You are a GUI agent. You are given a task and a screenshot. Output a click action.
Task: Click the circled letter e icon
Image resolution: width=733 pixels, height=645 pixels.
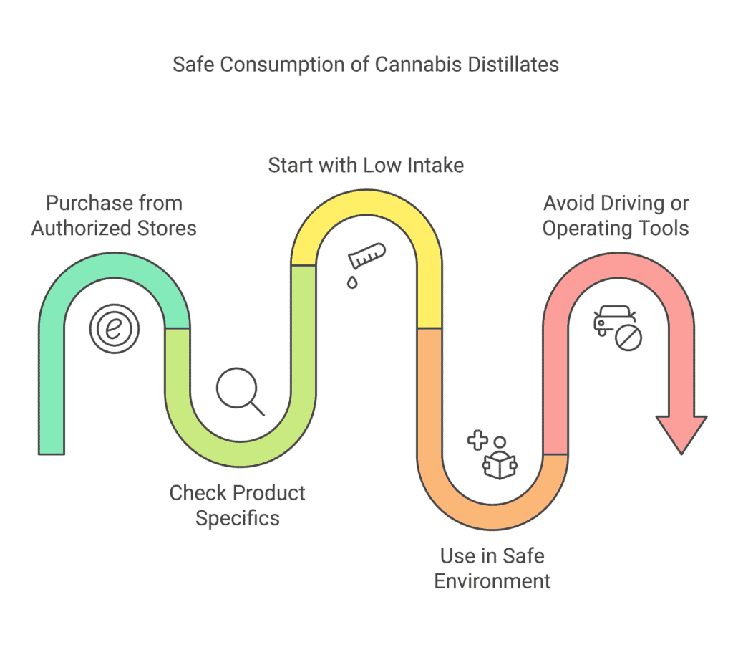[114, 328]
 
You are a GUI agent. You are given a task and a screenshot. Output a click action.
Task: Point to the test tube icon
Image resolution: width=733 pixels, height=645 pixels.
[367, 256]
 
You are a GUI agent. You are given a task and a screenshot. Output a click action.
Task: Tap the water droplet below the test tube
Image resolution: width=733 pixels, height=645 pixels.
[352, 282]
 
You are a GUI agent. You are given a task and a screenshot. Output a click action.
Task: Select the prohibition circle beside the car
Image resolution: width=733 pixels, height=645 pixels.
[628, 338]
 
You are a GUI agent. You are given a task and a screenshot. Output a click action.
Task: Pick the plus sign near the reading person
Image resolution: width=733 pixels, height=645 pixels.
[477, 440]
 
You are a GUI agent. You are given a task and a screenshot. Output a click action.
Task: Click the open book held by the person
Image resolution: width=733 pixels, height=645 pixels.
[500, 467]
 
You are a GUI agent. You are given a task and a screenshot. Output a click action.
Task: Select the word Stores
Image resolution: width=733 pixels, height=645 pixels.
[167, 229]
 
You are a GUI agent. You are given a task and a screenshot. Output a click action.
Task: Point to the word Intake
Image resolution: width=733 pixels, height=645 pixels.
[436, 166]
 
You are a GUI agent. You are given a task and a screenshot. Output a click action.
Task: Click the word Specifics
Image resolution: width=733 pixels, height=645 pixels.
[238, 519]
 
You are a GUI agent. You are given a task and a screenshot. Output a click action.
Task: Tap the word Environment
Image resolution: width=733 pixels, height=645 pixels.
[492, 581]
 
